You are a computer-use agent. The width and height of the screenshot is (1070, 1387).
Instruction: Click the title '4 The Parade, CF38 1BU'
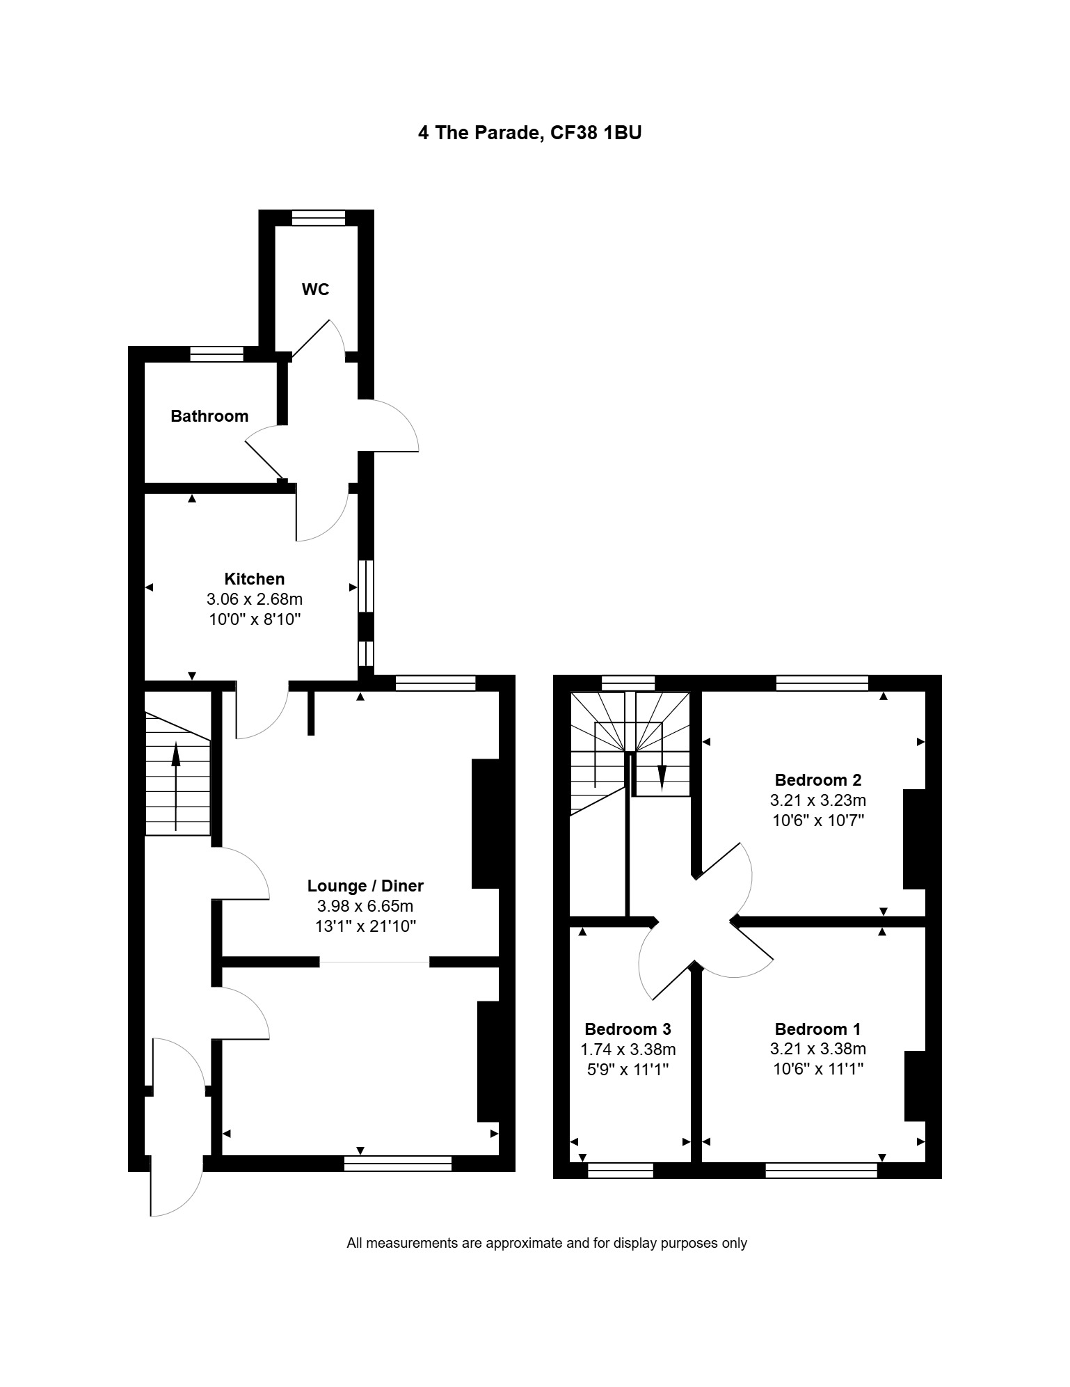[x=529, y=132]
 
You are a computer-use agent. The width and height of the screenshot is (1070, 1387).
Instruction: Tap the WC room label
[x=315, y=290]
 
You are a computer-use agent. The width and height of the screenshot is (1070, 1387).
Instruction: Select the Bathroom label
[x=209, y=416]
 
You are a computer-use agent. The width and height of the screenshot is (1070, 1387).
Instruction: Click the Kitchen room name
[x=255, y=578]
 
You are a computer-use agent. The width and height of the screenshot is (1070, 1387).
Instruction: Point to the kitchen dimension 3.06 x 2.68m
[x=255, y=599]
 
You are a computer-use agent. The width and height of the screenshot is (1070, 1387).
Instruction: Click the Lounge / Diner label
[x=365, y=886]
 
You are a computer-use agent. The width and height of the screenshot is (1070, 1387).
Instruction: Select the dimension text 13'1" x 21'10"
[x=365, y=926]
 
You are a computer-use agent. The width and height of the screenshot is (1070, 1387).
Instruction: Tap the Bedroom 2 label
[x=818, y=779]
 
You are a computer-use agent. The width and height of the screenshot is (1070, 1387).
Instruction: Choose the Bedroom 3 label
[x=628, y=1029]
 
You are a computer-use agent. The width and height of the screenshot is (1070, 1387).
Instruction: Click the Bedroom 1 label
[x=817, y=1029]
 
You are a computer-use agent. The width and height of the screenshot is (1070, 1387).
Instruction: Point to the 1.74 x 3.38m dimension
[x=628, y=1049]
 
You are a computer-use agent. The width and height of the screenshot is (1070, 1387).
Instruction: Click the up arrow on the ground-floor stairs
[x=176, y=786]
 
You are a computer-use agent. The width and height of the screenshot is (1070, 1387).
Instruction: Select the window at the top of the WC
[x=319, y=218]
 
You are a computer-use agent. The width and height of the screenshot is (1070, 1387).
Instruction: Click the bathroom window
[x=216, y=354]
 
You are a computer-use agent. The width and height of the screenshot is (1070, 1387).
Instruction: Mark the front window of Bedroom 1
[x=821, y=1170]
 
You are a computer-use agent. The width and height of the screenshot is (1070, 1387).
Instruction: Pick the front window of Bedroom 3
[x=621, y=1170]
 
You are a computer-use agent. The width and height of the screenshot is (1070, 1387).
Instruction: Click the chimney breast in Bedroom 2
[x=914, y=839]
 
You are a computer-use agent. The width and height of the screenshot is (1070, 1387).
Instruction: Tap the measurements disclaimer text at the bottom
[x=547, y=1243]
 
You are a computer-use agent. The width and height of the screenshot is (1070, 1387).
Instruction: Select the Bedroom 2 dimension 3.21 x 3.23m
[x=818, y=800]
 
